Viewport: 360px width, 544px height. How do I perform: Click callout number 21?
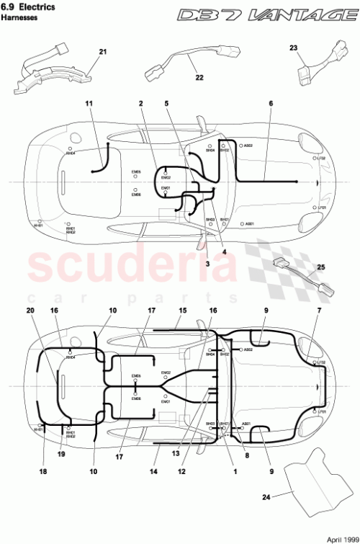pyautogui.click(x=102, y=52)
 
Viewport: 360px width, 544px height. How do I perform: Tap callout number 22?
pyautogui.click(x=199, y=77)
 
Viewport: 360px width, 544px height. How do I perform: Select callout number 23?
pyautogui.click(x=294, y=48)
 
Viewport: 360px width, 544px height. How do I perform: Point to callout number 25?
pyautogui.click(x=320, y=267)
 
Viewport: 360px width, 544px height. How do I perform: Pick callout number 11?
pyautogui.click(x=89, y=104)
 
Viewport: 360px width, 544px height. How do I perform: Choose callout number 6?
pyautogui.click(x=271, y=104)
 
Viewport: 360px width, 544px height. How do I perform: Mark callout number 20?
pyautogui.click(x=30, y=310)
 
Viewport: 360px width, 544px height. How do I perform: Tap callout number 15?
pyautogui.click(x=182, y=310)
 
